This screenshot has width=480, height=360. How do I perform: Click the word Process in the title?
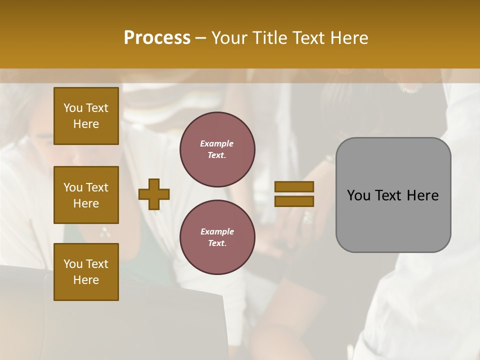(157, 38)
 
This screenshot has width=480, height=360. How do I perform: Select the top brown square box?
(86, 116)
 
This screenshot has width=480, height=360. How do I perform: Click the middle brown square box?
(86, 195)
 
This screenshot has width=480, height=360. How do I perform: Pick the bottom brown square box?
(86, 272)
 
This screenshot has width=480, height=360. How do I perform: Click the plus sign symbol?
(154, 194)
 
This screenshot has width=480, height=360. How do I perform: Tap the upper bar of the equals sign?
(294, 186)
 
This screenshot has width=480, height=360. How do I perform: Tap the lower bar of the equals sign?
(294, 201)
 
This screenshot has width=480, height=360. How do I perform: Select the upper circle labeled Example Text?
(217, 149)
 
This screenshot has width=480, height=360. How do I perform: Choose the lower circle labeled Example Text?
(217, 237)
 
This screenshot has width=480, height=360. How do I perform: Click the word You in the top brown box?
(73, 108)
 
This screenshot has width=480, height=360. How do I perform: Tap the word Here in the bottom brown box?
(86, 280)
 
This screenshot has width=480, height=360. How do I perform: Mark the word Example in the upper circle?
(217, 143)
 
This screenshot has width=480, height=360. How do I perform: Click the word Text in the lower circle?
(216, 243)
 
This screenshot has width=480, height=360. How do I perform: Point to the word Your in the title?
(228, 38)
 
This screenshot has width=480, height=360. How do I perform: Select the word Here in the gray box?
(422, 195)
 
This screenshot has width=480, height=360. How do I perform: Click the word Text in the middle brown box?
(97, 187)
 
